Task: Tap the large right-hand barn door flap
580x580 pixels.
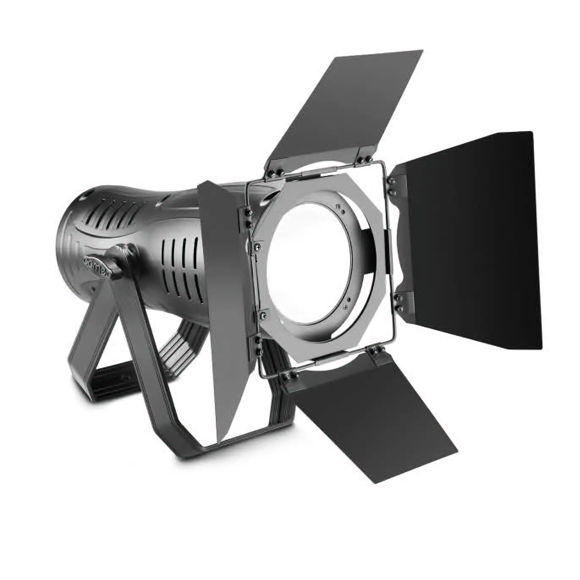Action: (470, 237)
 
